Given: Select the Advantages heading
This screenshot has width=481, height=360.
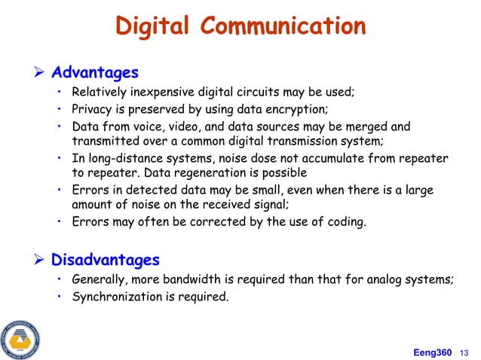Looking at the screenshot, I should click(94, 73).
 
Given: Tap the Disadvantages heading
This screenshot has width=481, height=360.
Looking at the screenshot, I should click(105, 261).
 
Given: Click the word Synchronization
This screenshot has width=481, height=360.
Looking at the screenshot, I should click(121, 296).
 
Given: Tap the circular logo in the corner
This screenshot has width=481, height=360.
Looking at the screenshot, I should click(20, 337).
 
